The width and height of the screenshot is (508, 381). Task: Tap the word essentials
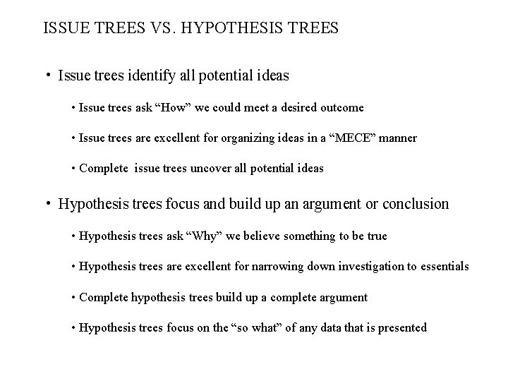[445, 266]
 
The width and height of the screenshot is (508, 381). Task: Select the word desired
[279, 107]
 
